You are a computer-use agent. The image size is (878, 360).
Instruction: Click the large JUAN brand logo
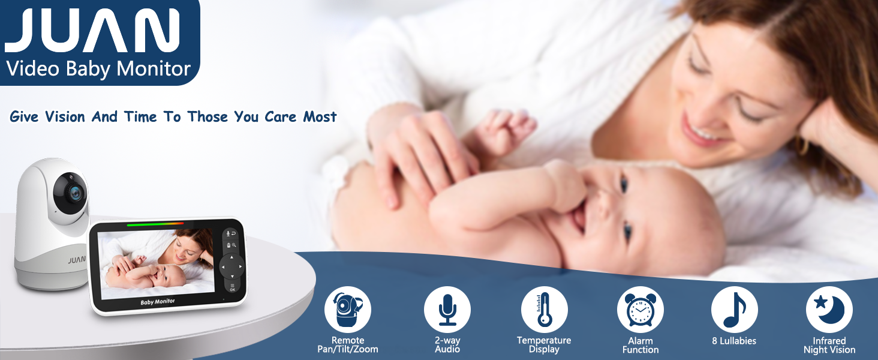(x=92, y=30)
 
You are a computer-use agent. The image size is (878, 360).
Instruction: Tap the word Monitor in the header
(x=154, y=68)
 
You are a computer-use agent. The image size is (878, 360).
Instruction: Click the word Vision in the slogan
(x=65, y=117)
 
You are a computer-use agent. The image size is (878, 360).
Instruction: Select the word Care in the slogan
(x=280, y=117)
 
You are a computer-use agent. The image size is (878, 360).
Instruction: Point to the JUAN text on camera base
(x=77, y=260)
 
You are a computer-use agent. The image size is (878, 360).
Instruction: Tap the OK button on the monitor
(x=233, y=287)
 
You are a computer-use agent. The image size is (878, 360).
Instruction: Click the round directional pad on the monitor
(x=231, y=266)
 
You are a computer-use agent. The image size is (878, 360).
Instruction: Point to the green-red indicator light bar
(x=155, y=224)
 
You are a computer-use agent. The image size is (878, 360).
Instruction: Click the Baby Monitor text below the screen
(x=158, y=302)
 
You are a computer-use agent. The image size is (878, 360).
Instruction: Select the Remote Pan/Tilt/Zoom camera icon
(x=348, y=310)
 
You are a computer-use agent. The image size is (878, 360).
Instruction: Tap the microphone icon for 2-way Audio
(x=447, y=310)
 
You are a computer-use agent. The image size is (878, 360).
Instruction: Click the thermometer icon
(x=545, y=310)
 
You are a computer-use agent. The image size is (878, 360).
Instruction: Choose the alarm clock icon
(x=641, y=310)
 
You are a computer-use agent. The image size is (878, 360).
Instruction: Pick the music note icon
(x=735, y=310)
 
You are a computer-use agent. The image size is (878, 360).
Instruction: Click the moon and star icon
(x=829, y=310)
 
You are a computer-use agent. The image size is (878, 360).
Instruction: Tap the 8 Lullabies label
(x=734, y=341)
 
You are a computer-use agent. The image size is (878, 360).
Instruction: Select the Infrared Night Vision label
(x=829, y=346)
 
